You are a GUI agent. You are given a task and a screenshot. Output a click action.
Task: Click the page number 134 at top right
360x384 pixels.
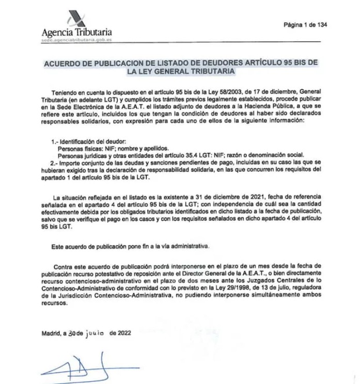point(321,25)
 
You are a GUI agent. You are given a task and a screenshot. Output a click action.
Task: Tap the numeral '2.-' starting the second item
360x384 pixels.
point(56,162)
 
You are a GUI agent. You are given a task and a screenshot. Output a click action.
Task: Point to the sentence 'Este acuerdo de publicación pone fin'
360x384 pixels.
point(130,247)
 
